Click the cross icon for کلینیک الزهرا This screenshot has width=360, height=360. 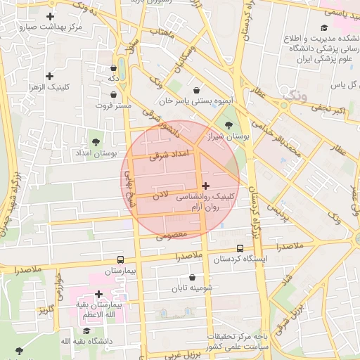point(49,76)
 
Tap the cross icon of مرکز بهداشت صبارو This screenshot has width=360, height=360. point(50,15)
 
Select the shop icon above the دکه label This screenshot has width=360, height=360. point(113,68)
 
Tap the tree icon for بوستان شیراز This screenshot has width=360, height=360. point(229,125)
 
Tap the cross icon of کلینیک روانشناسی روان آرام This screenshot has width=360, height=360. point(205,186)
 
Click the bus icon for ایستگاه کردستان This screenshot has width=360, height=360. point(240,248)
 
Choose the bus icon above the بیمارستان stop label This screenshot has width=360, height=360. point(120,259)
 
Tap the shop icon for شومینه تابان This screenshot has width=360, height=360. point(192,277)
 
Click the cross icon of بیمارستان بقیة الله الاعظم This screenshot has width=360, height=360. point(98,294)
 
